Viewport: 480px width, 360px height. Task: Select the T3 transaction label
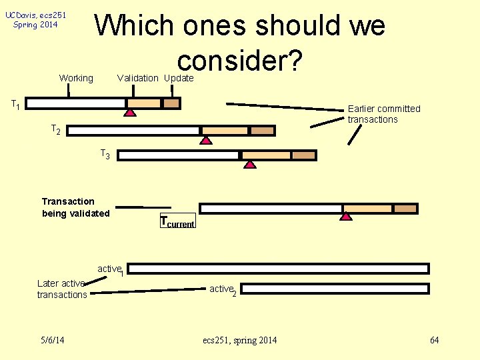(x=105, y=155)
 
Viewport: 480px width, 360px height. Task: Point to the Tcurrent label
(x=177, y=223)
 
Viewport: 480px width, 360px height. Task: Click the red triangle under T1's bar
(x=131, y=113)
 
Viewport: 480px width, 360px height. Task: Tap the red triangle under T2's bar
(x=206, y=140)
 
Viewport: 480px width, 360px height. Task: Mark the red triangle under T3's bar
(x=249, y=165)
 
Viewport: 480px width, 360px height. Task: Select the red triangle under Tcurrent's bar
(x=345, y=216)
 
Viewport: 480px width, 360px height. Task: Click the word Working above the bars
(x=76, y=78)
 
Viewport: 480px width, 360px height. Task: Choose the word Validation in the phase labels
(x=137, y=78)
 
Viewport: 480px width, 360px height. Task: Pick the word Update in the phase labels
(x=179, y=78)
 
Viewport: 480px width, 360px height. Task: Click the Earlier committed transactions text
(x=384, y=114)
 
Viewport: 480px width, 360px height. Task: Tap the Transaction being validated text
(x=75, y=207)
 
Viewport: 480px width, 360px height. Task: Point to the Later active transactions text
(x=62, y=289)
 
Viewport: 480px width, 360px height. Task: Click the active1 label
(x=110, y=269)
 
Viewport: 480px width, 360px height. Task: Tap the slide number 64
(x=435, y=341)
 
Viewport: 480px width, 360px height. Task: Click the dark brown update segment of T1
(x=171, y=103)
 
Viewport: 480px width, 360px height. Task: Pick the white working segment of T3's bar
(x=178, y=155)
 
